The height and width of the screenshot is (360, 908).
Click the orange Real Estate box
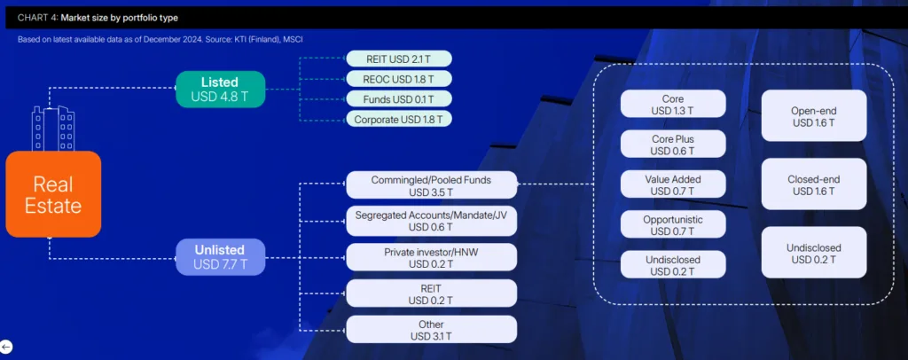pos(53,194)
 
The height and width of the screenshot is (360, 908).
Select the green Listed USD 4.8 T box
pos(220,89)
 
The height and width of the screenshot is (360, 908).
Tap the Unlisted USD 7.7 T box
pos(220,256)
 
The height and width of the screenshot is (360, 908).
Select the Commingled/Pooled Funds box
pos(431,185)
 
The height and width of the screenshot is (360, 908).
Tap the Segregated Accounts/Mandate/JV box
pos(431,221)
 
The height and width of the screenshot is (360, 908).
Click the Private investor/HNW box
pos(431,257)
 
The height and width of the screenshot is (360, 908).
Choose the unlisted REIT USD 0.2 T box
pos(431,293)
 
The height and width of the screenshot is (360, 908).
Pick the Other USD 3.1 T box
pos(431,330)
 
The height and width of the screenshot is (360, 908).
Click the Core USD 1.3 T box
pos(673,104)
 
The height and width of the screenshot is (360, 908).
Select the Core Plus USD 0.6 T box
pos(673,145)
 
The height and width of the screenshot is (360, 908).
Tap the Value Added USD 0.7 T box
pos(673,185)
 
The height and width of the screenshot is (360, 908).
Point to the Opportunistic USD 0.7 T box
pos(673,225)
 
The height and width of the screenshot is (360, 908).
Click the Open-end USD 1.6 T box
pos(814,116)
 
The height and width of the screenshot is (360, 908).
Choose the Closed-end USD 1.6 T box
pos(814,184)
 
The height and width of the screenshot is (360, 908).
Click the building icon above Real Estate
pos(52,129)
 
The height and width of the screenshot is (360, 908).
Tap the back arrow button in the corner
pos(6,347)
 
